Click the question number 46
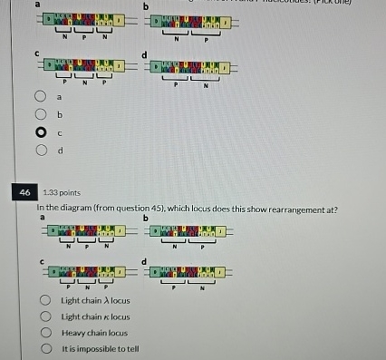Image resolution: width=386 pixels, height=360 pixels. [24, 192]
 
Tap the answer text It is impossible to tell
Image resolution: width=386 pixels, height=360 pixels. [100, 349]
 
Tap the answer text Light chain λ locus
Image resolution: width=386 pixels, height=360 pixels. [95, 300]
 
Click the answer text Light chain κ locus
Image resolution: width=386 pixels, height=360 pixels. [95, 316]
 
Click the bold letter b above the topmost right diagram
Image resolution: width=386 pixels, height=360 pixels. [146, 6]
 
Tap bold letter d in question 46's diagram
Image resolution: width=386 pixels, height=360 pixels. [145, 260]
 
